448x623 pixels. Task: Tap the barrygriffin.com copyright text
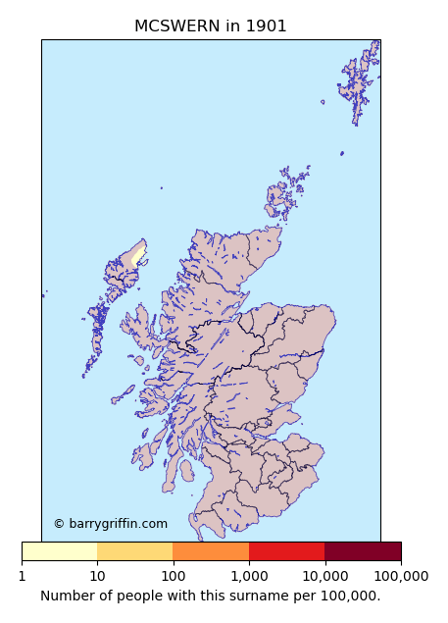tap(117, 524)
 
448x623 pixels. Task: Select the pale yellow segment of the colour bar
tap(59, 551)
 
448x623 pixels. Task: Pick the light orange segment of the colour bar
tap(135, 551)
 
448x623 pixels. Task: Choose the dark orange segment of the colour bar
tap(211, 551)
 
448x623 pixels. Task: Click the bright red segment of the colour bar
tap(286, 551)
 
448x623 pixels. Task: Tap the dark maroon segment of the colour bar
tap(363, 551)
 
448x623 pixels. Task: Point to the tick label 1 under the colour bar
tap(22, 576)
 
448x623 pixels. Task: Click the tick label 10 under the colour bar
tap(97, 576)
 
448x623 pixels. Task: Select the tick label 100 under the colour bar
tap(173, 576)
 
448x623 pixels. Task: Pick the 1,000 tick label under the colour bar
tap(249, 576)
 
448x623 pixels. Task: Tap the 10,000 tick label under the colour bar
tap(324, 576)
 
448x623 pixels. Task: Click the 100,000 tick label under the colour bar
tap(401, 576)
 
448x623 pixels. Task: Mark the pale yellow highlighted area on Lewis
tap(138, 256)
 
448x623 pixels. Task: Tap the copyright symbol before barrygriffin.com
tap(59, 524)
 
